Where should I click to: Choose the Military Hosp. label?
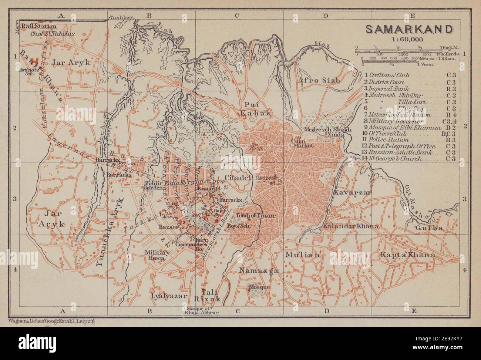point(158,255)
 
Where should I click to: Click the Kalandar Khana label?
point(350,226)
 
